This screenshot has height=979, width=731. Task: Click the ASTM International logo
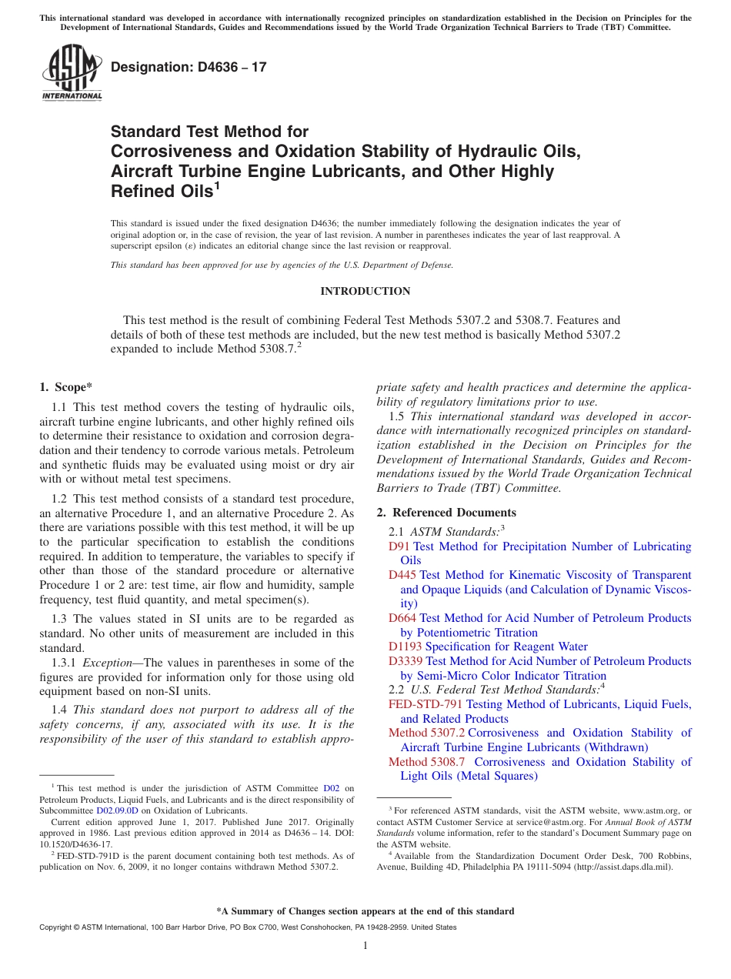pos(71,72)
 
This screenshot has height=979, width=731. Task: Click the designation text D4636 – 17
pos(189,67)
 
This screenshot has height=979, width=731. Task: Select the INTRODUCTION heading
pos(365,291)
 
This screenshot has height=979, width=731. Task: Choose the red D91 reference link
pos(399,546)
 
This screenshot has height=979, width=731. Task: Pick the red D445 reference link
pos(402,575)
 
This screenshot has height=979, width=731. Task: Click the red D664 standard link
pos(402,618)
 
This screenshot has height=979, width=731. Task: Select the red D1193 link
pos(406,647)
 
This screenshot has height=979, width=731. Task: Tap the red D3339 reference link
pos(406,661)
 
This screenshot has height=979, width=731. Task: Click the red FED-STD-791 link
pos(426,704)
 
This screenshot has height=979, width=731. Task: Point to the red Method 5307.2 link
pos(426,733)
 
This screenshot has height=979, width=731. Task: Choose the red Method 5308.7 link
pos(426,762)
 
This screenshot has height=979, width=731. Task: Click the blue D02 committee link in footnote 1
pos(331,788)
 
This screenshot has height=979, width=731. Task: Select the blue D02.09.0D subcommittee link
pos(117,810)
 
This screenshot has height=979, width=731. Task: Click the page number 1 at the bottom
pos(365,946)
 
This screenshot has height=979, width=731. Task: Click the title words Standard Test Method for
pos(209,132)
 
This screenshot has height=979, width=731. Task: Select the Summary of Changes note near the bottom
pos(365,911)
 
